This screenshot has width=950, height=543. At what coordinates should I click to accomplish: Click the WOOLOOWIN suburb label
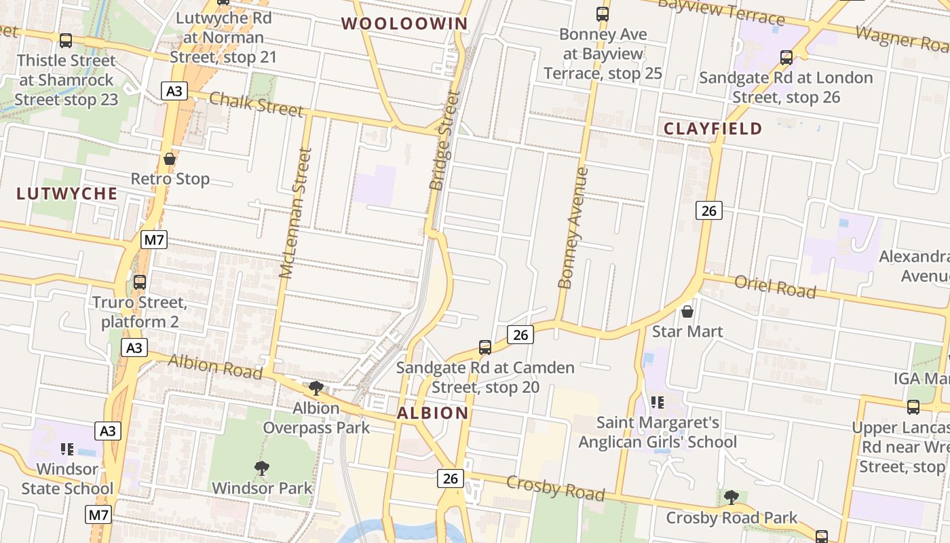tap(404, 24)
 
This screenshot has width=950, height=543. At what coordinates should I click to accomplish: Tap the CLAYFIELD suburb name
tap(712, 128)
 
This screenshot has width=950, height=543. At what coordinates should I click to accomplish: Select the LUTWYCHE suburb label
tap(66, 193)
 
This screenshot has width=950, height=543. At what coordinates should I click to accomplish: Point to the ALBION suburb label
tap(432, 413)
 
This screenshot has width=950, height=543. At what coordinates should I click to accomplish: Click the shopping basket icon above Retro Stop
tap(170, 160)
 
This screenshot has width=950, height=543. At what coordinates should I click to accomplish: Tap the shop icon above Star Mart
tap(687, 312)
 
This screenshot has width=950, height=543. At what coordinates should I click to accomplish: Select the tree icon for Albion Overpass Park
tap(316, 388)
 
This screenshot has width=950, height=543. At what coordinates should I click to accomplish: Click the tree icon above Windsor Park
tap(261, 468)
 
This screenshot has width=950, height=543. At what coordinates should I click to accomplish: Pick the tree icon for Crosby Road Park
tap(731, 498)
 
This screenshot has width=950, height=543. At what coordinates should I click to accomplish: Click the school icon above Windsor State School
tap(66, 449)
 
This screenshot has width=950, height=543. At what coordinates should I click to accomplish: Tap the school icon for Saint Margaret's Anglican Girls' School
tap(656, 402)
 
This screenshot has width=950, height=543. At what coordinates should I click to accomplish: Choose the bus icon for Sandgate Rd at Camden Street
tap(484, 348)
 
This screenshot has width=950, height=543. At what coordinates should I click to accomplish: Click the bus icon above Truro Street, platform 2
tap(140, 282)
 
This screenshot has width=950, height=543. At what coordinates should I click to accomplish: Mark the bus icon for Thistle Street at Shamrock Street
tap(66, 41)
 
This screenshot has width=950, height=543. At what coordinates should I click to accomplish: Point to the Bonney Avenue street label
tap(571, 228)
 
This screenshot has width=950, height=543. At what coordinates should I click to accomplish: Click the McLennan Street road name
tap(295, 213)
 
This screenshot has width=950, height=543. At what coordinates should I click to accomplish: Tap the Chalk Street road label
tap(256, 103)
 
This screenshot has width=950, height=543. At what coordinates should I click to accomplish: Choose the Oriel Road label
tap(775, 287)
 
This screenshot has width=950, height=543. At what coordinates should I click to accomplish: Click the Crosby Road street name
tap(555, 488)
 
